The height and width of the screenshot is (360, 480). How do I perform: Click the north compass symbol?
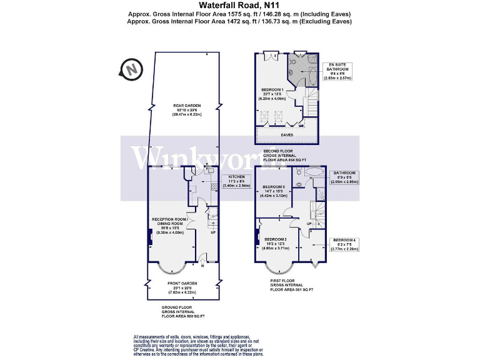click(x=131, y=69)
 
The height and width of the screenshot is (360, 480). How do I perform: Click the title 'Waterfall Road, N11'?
click(x=239, y=6)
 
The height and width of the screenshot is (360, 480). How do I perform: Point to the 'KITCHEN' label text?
click(x=236, y=177)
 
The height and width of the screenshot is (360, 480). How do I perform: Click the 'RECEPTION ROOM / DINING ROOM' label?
click(x=170, y=221)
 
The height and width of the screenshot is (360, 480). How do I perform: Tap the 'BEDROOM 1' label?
click(x=272, y=89)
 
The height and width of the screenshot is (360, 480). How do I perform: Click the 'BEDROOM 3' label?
click(x=274, y=187)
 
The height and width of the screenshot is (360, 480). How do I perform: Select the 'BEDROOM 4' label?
click(x=344, y=240)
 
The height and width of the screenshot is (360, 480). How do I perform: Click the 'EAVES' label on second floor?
click(x=287, y=134)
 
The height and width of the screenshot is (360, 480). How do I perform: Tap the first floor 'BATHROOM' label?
click(x=344, y=172)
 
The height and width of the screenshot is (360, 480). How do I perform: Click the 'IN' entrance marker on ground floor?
click(x=202, y=264)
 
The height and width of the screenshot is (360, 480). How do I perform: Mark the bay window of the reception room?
click(x=171, y=267)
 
